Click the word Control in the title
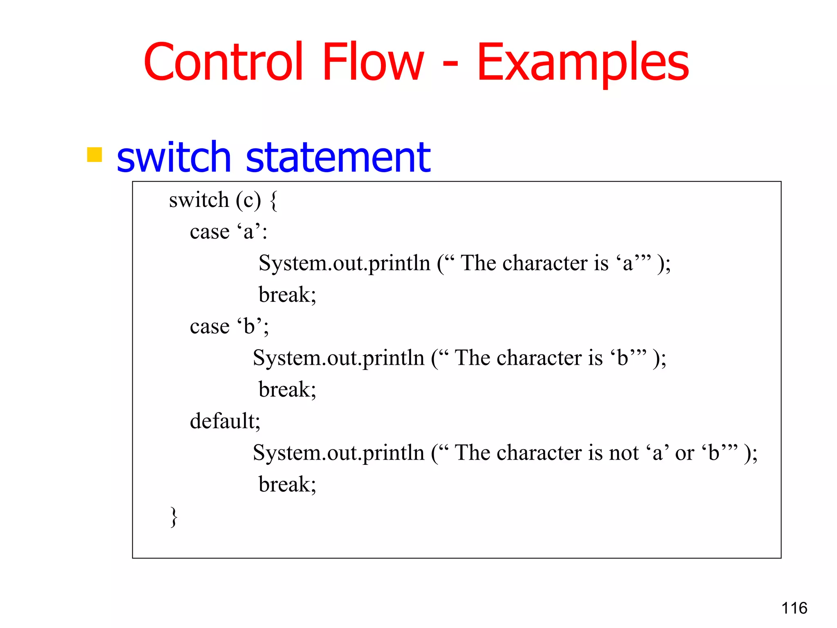(223, 62)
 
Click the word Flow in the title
(373, 62)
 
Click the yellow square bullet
(94, 155)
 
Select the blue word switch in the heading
(174, 157)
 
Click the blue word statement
(338, 157)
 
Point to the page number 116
(794, 608)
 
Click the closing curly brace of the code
(174, 517)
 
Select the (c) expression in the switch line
(248, 200)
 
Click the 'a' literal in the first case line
(249, 231)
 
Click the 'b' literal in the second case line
(249, 326)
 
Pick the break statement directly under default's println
(287, 484)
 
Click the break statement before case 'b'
(287, 294)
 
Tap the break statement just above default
(287, 389)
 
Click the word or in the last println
(685, 453)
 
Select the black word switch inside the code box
(199, 200)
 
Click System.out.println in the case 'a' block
(345, 263)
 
